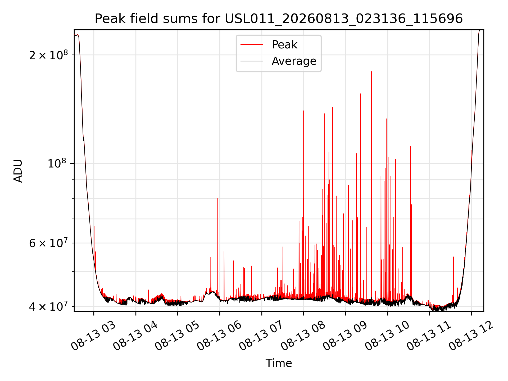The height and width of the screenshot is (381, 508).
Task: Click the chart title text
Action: (279, 19)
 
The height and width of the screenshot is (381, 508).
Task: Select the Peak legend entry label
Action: (284, 45)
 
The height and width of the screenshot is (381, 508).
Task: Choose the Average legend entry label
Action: (294, 61)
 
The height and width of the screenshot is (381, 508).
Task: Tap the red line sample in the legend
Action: (252, 45)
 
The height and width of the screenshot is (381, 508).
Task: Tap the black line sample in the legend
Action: (252, 61)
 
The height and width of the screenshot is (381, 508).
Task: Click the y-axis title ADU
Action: (18, 171)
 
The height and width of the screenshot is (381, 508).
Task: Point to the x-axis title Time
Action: (279, 363)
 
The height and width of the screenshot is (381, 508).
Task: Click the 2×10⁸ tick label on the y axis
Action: (48, 55)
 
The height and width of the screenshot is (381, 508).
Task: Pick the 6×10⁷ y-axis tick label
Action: (48, 243)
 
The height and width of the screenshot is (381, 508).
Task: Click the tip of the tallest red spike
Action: (371, 71)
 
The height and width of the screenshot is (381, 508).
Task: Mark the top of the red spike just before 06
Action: (217, 198)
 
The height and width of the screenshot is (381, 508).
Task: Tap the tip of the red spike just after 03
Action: (94, 226)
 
